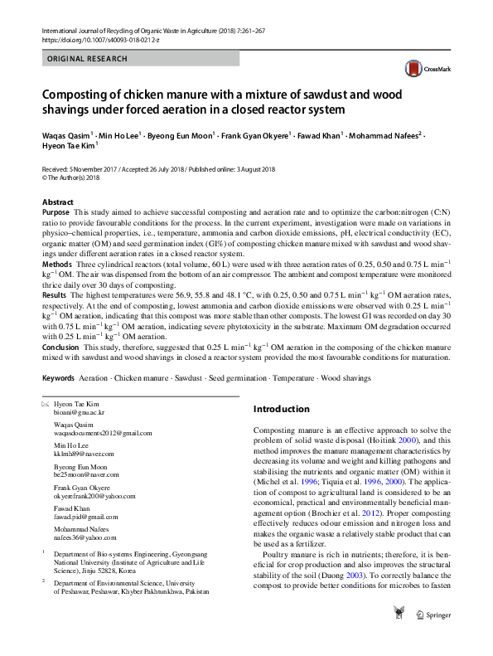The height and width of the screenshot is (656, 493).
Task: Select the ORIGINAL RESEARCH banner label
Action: point(88,59)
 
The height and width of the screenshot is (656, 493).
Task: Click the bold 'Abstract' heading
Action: point(60,202)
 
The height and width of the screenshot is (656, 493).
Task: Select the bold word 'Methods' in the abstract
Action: point(57,263)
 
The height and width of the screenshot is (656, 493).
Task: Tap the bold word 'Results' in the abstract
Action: point(55,295)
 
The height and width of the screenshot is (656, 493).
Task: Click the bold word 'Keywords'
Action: point(59,377)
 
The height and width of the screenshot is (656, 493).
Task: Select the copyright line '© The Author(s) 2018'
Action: point(70,177)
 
